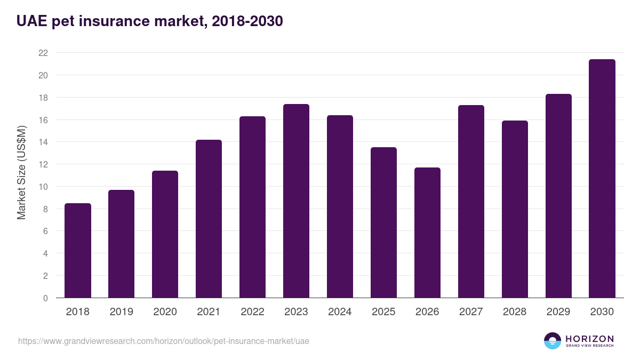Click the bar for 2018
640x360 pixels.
pyautogui.click(x=78, y=251)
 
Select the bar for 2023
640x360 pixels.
pyautogui.click(x=296, y=201)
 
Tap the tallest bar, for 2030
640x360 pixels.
pyautogui.click(x=602, y=179)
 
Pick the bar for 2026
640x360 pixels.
pyautogui.click(x=427, y=233)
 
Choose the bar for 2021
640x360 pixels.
pyautogui.click(x=209, y=219)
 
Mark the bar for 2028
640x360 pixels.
pyautogui.click(x=515, y=209)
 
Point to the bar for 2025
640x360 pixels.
pyautogui.click(x=383, y=222)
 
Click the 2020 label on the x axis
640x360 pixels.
pyautogui.click(x=165, y=312)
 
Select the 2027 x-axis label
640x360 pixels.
pyautogui.click(x=471, y=312)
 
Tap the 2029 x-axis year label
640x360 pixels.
pyautogui.click(x=558, y=312)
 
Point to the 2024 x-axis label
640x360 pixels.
pyautogui.click(x=340, y=312)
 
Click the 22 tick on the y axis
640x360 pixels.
pyautogui.click(x=43, y=53)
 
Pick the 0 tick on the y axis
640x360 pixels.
pyautogui.click(x=45, y=298)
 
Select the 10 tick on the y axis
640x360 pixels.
pyautogui.click(x=43, y=187)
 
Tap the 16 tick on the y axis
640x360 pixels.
pyautogui.click(x=43, y=120)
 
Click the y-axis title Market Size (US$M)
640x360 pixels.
pyautogui.click(x=21, y=172)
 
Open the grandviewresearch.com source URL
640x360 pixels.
pyautogui.click(x=164, y=341)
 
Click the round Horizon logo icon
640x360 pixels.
pyautogui.click(x=553, y=341)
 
